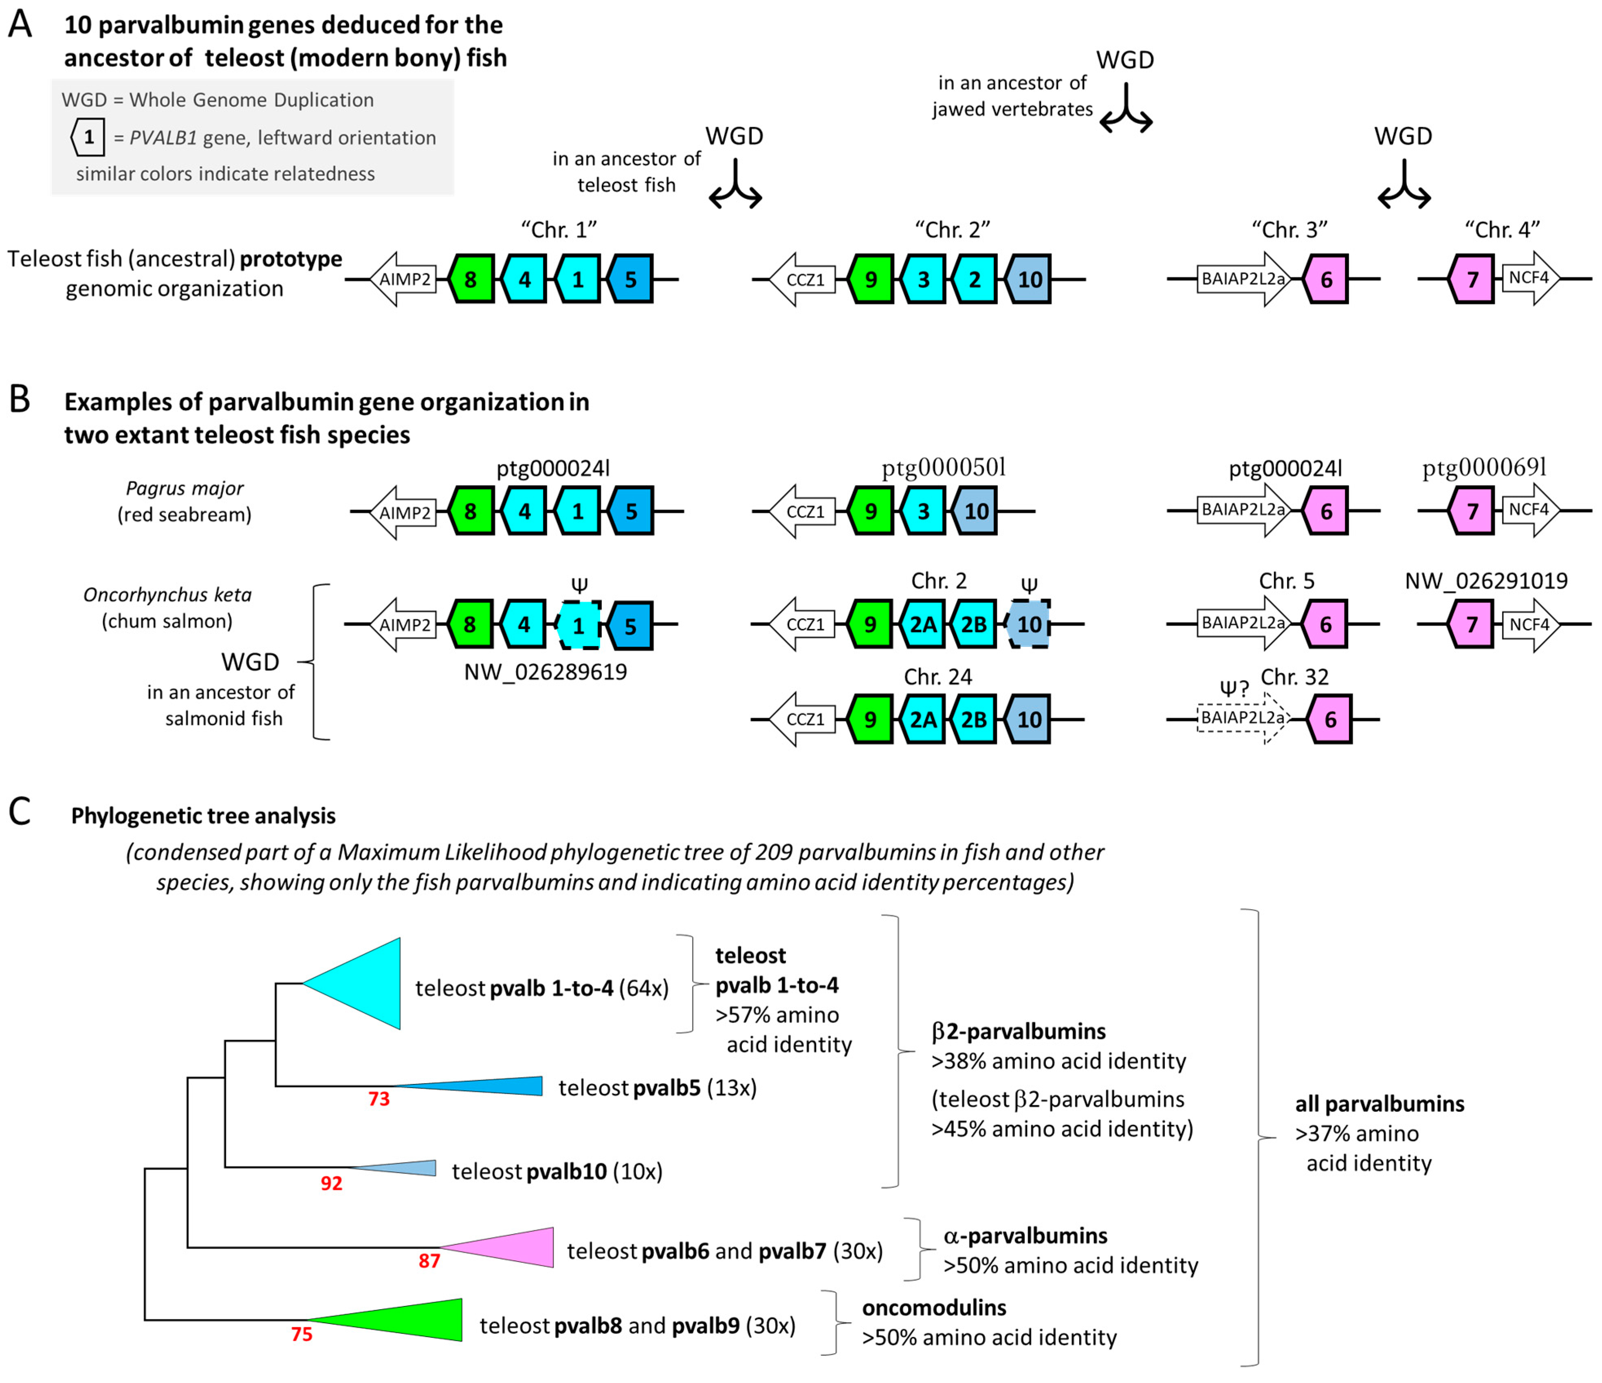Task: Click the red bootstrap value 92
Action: coord(331,1183)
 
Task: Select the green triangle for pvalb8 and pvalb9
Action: coord(410,1320)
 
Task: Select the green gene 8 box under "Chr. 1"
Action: coord(471,279)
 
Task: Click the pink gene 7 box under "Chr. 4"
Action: coord(1471,279)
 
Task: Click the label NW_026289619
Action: coord(545,672)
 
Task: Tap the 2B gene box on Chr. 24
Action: coord(973,719)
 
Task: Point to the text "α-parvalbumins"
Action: coord(1024,1236)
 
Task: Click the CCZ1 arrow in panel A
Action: coord(804,279)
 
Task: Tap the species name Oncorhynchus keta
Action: coord(167,594)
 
